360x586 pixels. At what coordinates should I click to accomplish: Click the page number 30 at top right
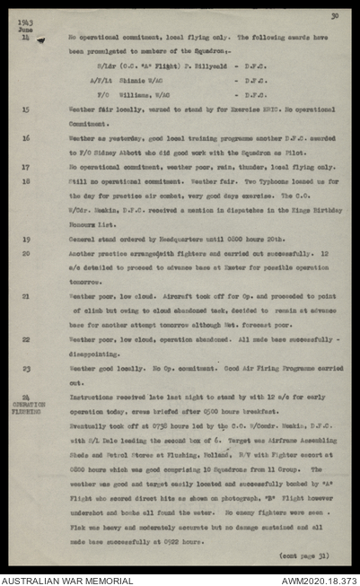point(334,15)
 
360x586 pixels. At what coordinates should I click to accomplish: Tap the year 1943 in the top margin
point(23,23)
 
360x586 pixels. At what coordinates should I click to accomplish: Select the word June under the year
point(23,31)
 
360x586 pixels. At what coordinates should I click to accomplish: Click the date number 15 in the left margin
point(25,109)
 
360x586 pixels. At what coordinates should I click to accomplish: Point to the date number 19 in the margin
point(25,240)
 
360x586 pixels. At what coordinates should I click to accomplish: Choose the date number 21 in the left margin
point(25,296)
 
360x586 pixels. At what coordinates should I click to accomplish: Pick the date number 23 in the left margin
point(25,368)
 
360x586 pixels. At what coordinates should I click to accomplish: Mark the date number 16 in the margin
point(25,138)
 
